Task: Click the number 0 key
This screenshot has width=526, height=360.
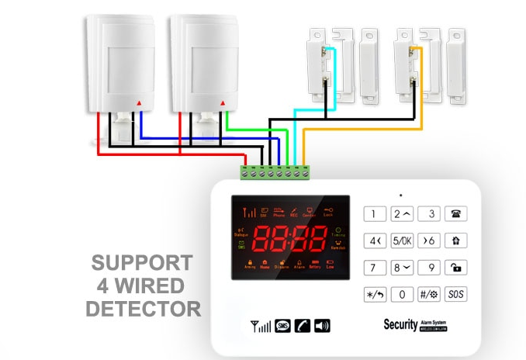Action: point(402,294)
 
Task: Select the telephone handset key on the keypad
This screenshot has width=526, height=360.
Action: point(457,214)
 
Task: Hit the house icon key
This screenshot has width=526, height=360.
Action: point(457,241)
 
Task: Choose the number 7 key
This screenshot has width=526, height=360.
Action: point(374,268)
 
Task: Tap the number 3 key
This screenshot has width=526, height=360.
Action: point(430,214)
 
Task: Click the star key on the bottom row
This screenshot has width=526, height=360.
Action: point(374,294)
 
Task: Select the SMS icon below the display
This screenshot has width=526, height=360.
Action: point(283,326)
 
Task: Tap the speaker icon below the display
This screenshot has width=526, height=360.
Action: point(322,326)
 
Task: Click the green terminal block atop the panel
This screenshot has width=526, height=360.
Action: point(275,171)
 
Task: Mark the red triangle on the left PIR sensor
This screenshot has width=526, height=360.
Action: point(140,102)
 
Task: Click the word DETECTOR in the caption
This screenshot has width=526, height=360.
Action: point(143,309)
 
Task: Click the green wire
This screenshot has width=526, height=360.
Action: point(256,129)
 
